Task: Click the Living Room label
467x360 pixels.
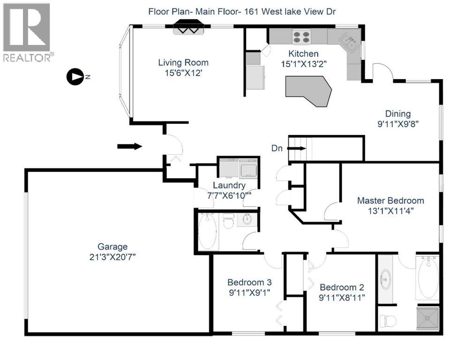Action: tap(183, 62)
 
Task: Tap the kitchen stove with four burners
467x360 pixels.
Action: tap(301, 37)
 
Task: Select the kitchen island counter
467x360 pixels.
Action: tap(309, 91)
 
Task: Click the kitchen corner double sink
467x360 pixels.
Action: tap(349, 42)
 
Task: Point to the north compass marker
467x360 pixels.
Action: tap(75, 77)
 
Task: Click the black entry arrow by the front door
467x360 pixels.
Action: tap(129, 146)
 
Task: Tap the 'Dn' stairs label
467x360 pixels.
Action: tap(277, 148)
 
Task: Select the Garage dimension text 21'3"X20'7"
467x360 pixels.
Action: tap(113, 257)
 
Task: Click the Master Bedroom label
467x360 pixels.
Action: tap(391, 201)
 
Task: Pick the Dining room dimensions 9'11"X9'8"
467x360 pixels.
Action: tap(398, 124)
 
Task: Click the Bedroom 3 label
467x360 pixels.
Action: tap(249, 282)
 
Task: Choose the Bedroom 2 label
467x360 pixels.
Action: tap(342, 287)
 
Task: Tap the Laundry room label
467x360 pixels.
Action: tap(229, 185)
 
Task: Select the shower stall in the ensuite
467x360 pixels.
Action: tap(428, 318)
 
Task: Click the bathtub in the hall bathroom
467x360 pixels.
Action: tap(208, 232)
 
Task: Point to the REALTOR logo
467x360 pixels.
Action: tap(27, 32)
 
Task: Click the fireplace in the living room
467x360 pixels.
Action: tap(188, 27)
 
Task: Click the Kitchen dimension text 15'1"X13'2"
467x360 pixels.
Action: tap(304, 64)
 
